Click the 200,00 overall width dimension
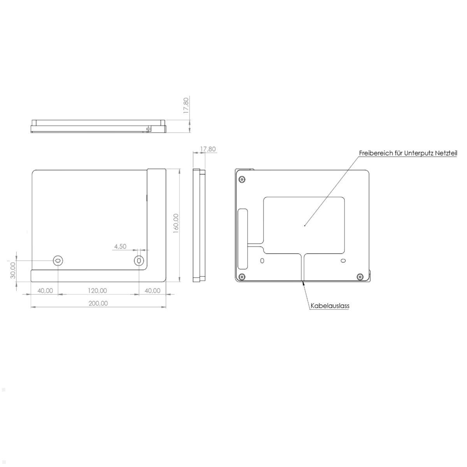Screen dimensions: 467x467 tap(98, 303)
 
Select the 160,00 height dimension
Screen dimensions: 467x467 tap(176, 223)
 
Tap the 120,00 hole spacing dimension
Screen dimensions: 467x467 tap(97, 290)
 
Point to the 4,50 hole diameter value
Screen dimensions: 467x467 tap(120, 246)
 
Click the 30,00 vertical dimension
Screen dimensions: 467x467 tap(13, 270)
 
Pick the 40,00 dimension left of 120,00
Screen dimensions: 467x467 tap(45, 290)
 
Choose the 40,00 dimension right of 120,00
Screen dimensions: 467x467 tap(152, 290)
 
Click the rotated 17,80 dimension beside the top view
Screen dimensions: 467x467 tap(186, 105)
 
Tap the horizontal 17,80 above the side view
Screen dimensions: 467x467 tap(208, 149)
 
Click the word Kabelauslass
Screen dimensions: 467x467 tap(330, 306)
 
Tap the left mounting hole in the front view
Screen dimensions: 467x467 tap(58, 260)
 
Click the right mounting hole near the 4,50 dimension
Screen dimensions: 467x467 tap(139, 260)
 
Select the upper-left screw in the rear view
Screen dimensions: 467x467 tap(242, 179)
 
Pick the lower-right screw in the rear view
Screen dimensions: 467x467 tap(360, 277)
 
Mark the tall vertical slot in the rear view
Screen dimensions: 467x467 tap(242, 239)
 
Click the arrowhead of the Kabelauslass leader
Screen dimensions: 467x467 tap(303, 283)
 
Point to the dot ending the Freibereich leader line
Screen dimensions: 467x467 tap(304, 225)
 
